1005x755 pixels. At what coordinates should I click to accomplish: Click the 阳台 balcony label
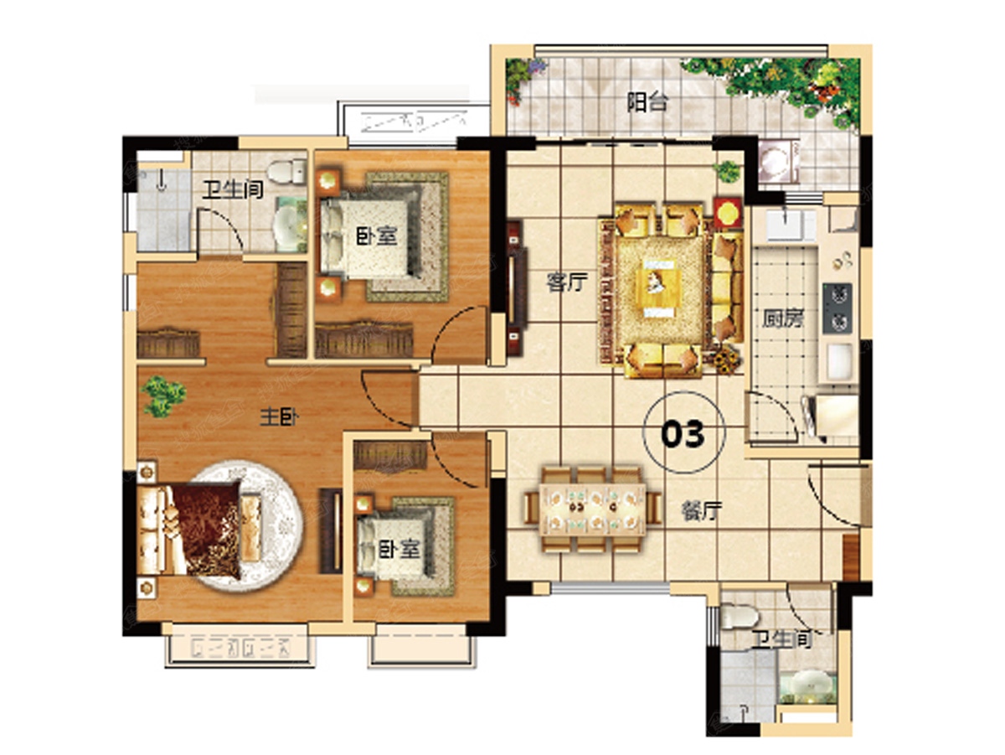(647, 103)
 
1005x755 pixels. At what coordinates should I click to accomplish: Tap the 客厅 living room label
(567, 282)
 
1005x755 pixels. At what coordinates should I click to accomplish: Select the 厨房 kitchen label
(782, 319)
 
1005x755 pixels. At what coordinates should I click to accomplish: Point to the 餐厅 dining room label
(702, 511)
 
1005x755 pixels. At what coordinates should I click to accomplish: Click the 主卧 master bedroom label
(279, 417)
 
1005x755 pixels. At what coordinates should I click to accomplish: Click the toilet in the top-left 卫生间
(286, 172)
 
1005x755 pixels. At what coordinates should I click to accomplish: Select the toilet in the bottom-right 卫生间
(739, 616)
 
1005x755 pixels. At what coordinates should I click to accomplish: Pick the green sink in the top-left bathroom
(290, 225)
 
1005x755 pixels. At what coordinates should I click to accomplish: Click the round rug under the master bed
(247, 526)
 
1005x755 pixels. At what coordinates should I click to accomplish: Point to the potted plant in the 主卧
(163, 396)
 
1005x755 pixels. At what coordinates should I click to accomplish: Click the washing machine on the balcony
(777, 161)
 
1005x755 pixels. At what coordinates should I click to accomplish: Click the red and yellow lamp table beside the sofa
(728, 212)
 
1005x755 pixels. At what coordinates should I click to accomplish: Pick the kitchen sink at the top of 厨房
(791, 224)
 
